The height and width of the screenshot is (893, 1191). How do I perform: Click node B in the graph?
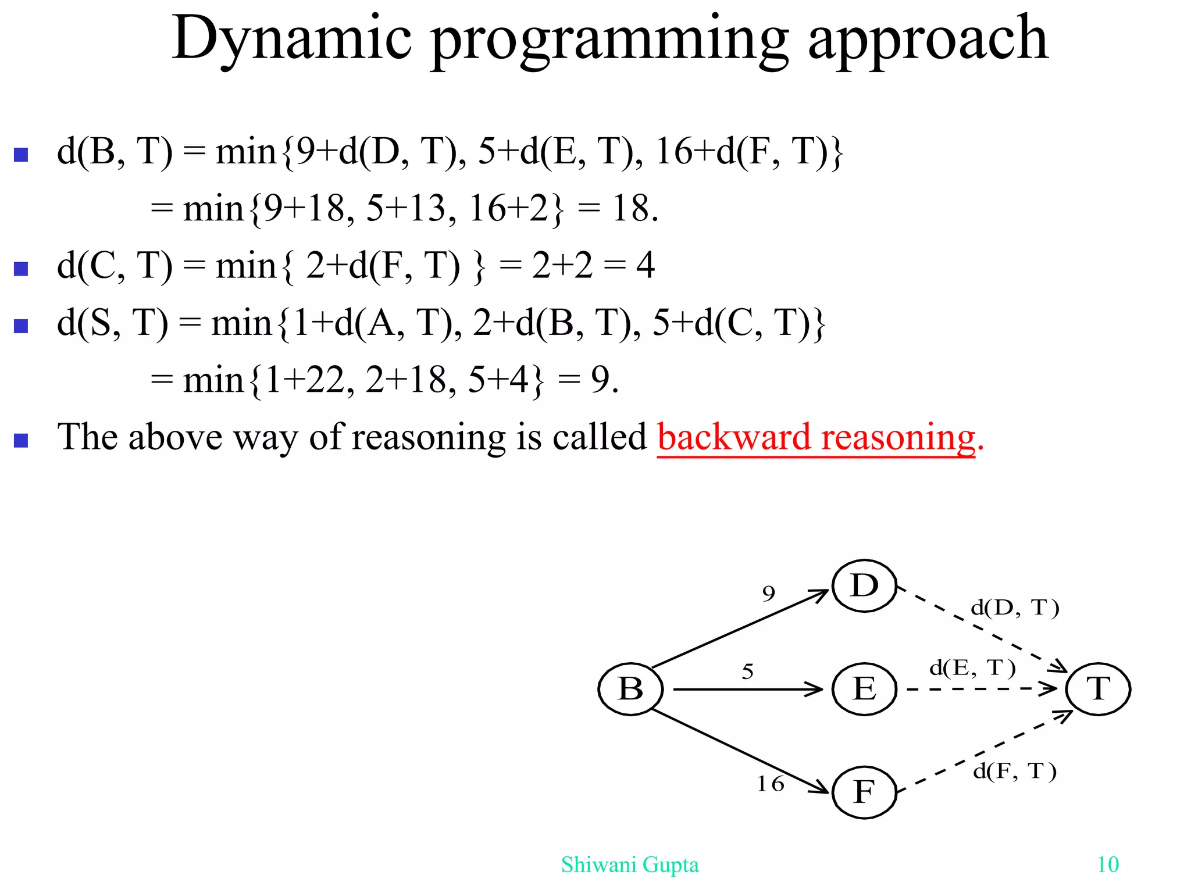(630, 689)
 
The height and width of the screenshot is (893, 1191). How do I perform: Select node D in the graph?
(864, 586)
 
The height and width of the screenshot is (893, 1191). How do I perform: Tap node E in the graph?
(864, 690)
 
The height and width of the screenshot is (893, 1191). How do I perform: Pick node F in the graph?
(864, 792)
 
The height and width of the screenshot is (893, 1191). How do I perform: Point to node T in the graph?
(1098, 689)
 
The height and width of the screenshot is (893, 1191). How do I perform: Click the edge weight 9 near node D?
(769, 594)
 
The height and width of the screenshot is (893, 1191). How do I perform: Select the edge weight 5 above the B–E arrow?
(748, 672)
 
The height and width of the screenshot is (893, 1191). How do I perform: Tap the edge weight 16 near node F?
(771, 784)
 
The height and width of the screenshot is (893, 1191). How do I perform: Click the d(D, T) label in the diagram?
(1015, 608)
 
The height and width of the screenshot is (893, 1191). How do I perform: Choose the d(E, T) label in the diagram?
(972, 668)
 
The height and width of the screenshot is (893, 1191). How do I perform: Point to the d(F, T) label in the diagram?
(1015, 771)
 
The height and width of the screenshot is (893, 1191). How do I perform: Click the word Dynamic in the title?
(292, 40)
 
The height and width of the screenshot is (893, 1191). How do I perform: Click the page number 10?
(1108, 865)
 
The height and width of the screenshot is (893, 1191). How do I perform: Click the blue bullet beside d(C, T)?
(22, 269)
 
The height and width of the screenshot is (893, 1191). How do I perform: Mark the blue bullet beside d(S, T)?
(22, 326)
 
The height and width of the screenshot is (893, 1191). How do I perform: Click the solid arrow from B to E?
(747, 690)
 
